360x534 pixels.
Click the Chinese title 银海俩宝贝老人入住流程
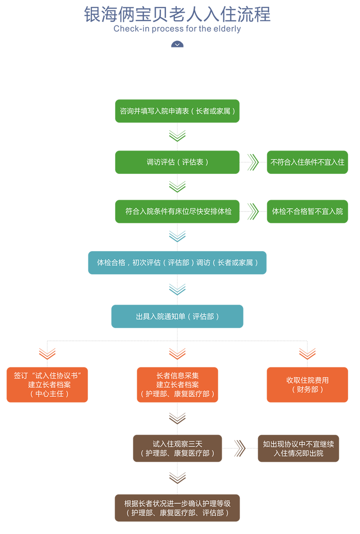[177, 15]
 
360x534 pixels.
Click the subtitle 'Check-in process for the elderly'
[177, 29]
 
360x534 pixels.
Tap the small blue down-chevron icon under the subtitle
[177, 44]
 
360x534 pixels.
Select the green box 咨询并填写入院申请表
[177, 111]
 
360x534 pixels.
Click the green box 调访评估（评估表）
[177, 162]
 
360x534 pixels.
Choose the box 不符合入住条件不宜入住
[307, 162]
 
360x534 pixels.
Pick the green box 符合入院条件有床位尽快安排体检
[177, 211]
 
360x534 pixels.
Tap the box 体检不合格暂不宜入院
[307, 211]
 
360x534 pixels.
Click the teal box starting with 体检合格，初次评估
[177, 263]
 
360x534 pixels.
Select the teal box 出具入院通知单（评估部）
[177, 316]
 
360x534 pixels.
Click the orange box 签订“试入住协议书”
[47, 385]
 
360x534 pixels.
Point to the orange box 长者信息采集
[177, 385]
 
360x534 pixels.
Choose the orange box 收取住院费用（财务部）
[307, 385]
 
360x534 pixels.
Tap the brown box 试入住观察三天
[177, 448]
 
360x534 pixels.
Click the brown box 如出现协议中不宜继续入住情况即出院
[298, 448]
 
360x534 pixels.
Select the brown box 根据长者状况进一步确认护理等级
[177, 508]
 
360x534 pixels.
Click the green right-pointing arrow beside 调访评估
[253, 162]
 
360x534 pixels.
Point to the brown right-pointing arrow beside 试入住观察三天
[240, 448]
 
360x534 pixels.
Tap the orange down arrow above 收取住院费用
[307, 354]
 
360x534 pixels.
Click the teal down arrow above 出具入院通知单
[177, 289]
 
